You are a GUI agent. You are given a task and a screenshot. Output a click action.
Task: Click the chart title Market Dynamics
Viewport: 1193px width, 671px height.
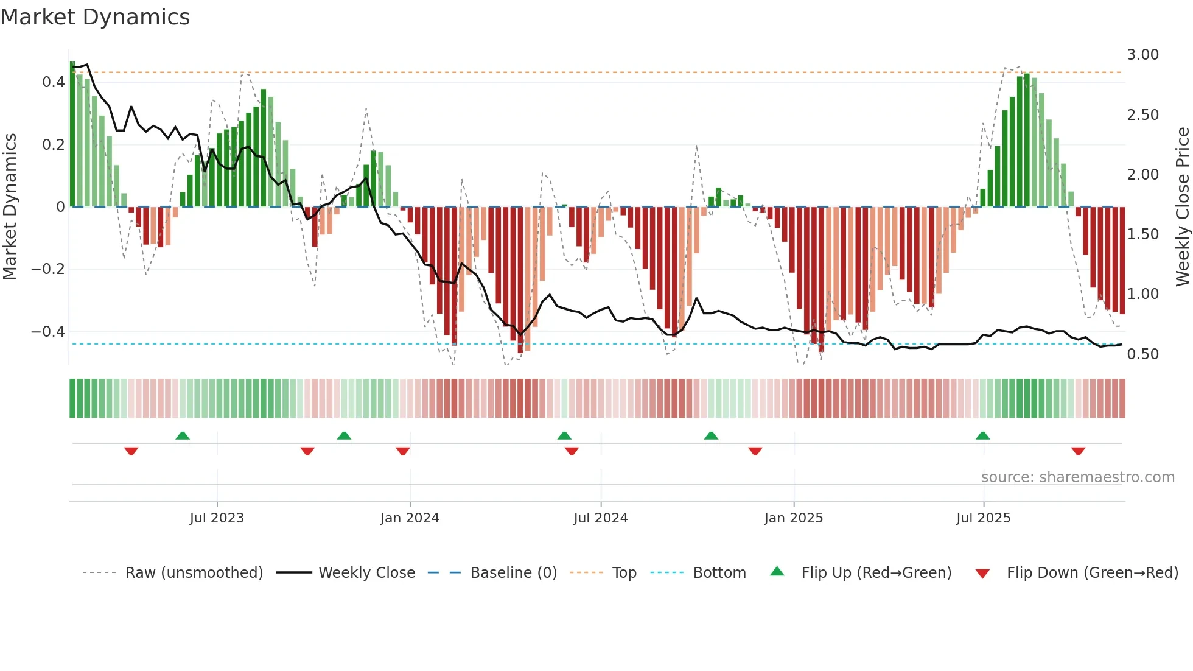tap(95, 17)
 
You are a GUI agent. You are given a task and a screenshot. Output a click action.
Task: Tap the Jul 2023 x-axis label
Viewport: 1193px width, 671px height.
tap(217, 518)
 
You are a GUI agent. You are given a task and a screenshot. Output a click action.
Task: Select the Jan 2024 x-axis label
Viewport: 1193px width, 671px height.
tap(410, 518)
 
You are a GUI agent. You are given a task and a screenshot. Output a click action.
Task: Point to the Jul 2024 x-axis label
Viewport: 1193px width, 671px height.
tap(601, 518)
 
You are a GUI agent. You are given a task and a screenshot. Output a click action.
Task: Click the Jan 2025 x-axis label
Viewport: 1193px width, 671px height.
tap(794, 518)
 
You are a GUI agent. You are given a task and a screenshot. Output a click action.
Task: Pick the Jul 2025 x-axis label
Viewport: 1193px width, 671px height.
tap(984, 518)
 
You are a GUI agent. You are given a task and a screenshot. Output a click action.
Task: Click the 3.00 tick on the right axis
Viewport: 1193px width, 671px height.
tap(1142, 55)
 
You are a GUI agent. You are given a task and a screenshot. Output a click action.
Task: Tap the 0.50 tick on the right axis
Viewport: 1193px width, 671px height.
tap(1142, 354)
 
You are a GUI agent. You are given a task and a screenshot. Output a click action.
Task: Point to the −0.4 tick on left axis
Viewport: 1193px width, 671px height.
tap(48, 332)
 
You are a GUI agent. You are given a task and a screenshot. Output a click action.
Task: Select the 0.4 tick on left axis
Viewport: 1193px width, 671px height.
tap(54, 82)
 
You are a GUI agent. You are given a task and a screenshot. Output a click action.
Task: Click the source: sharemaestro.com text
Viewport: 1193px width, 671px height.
tap(1077, 477)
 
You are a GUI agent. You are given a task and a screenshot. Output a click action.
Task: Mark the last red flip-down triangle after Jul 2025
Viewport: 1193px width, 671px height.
tap(1079, 451)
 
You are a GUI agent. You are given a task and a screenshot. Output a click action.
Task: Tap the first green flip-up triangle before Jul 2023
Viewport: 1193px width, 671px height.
tap(183, 435)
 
